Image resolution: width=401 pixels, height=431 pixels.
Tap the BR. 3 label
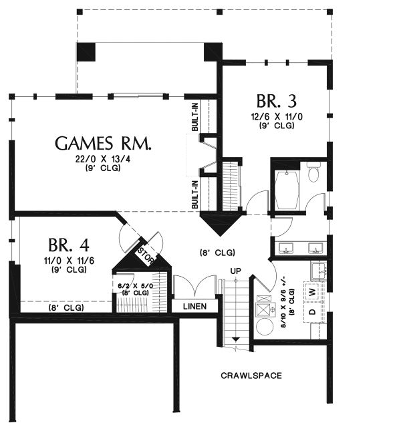[276, 102]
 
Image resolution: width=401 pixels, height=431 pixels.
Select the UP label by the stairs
[235, 271]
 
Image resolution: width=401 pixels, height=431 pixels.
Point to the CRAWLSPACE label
[251, 376]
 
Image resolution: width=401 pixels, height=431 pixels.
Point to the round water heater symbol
[265, 327]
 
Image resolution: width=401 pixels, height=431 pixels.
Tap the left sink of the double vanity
[287, 249]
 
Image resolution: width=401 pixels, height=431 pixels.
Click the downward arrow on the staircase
[235, 341]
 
